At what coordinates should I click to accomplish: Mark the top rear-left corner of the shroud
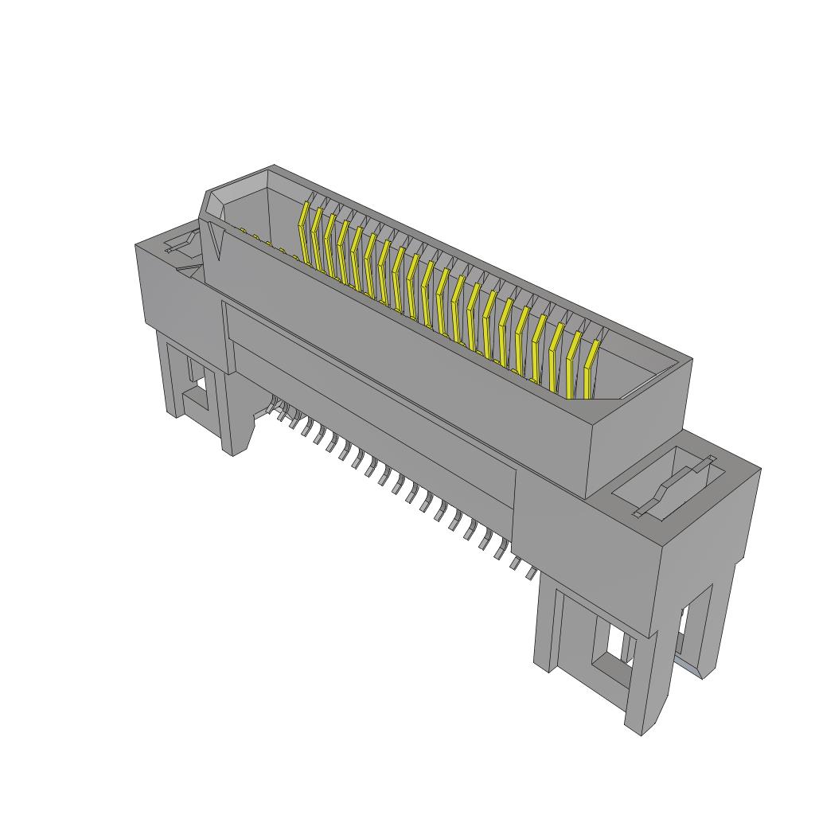(274, 166)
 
